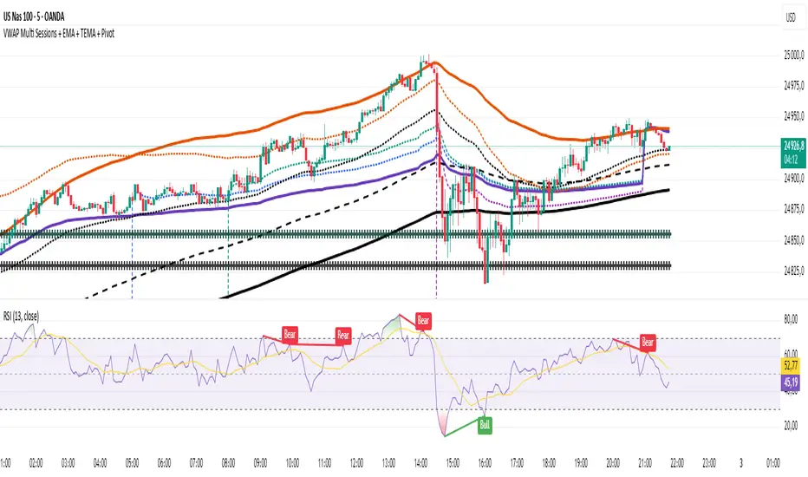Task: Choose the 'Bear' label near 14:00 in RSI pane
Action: pos(424,320)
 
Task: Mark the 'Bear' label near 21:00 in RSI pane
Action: pos(648,341)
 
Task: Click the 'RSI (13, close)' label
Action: pos(27,312)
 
